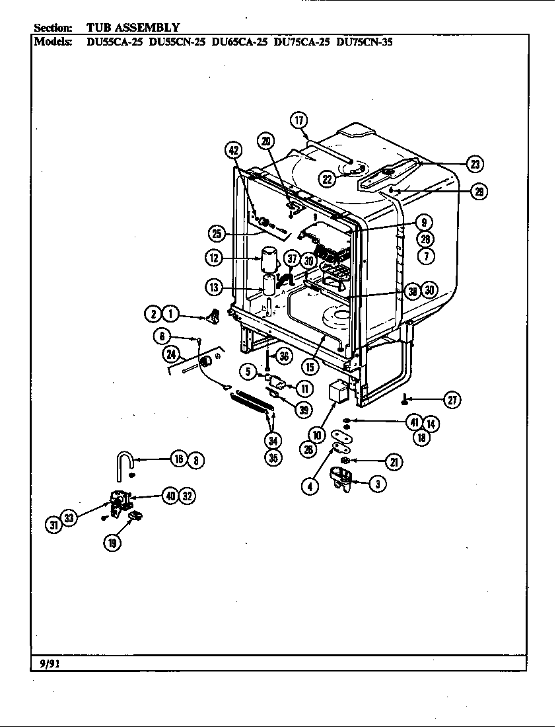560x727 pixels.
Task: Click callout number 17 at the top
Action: pyautogui.click(x=299, y=120)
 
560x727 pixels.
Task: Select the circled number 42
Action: pyautogui.click(x=233, y=150)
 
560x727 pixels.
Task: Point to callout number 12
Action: pyautogui.click(x=213, y=257)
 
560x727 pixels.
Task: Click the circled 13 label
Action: pyautogui.click(x=213, y=287)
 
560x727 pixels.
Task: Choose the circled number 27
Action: pyautogui.click(x=452, y=399)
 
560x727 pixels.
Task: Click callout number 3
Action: pyautogui.click(x=377, y=484)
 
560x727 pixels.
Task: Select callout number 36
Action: pyautogui.click(x=284, y=356)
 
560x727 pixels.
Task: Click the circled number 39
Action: pyautogui.click(x=304, y=410)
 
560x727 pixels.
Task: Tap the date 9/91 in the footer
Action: pyautogui.click(x=46, y=662)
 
